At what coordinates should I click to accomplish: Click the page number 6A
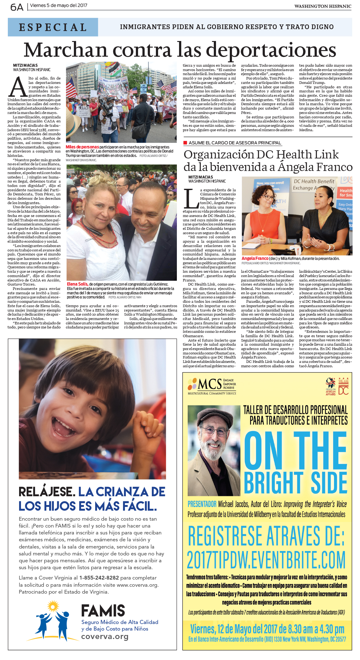(x=17, y=7)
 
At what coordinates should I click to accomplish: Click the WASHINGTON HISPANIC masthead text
(x=322, y=6)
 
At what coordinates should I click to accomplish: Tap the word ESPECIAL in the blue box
(x=53, y=27)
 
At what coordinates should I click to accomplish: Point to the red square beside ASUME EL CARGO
(x=185, y=143)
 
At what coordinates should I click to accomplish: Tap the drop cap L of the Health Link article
(x=191, y=199)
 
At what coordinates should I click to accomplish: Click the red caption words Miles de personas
(x=82, y=147)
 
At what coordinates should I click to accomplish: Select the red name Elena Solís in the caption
(x=77, y=284)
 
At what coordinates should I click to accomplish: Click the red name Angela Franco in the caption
(x=255, y=258)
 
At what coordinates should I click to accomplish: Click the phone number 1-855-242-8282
(x=99, y=578)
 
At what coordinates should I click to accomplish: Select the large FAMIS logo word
(x=103, y=611)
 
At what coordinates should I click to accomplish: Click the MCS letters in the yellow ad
(x=209, y=384)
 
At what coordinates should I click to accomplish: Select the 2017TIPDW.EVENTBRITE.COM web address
(x=266, y=560)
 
